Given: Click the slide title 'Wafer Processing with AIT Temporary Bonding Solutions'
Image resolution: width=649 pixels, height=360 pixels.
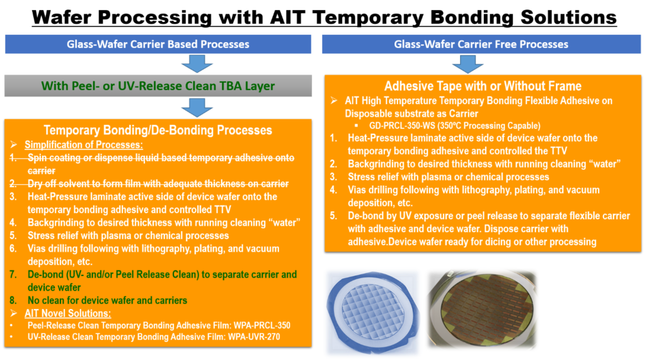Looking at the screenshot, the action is pyautogui.click(x=324, y=18).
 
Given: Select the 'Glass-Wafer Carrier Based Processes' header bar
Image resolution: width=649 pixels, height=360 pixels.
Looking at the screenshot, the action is pyautogui.click(x=158, y=44).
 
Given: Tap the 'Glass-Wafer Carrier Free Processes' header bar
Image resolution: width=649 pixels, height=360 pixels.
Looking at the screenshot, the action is pyautogui.click(x=481, y=44).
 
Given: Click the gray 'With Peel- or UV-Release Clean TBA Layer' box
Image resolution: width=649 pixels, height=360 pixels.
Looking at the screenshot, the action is pyautogui.click(x=158, y=86).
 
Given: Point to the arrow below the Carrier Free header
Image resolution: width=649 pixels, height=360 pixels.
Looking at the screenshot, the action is pyautogui.click(x=468, y=64).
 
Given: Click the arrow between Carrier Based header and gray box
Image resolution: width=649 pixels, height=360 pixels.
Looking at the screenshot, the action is pyautogui.click(x=197, y=64).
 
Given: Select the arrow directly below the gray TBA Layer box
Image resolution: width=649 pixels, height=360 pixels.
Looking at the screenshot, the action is pyautogui.click(x=197, y=107).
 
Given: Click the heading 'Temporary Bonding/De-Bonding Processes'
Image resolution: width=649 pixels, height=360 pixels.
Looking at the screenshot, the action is pyautogui.click(x=158, y=130).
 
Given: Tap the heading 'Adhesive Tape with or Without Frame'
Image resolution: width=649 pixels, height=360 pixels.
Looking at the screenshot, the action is pyautogui.click(x=483, y=86).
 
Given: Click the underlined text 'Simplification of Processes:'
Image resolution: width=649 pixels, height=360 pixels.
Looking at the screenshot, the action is pyautogui.click(x=84, y=144).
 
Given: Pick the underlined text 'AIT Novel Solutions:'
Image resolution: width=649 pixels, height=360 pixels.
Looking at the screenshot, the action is pyautogui.click(x=68, y=313).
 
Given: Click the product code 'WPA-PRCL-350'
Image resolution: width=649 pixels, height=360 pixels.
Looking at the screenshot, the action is pyautogui.click(x=262, y=325).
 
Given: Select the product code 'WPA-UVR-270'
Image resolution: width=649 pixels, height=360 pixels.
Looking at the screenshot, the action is pyautogui.click(x=254, y=337).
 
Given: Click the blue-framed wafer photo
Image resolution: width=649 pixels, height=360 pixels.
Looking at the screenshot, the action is pyautogui.click(x=372, y=313).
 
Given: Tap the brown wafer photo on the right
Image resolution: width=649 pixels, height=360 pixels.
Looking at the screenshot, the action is pyautogui.click(x=482, y=310).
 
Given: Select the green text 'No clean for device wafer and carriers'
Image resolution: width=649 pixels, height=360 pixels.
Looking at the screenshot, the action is pyautogui.click(x=107, y=300).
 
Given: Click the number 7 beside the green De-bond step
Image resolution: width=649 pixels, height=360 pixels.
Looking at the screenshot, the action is pyautogui.click(x=13, y=274).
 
